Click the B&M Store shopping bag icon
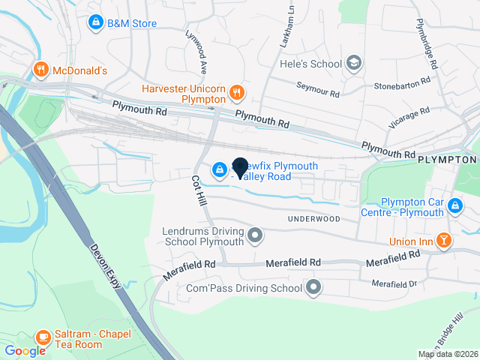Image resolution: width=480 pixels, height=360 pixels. tap(95, 23)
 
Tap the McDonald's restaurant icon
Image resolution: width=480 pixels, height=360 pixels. tap(40, 70)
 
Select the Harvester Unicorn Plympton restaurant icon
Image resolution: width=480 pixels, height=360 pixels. tap(237, 92)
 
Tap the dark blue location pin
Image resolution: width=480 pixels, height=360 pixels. tap(241, 167)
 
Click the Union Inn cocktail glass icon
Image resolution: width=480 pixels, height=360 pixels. tap(444, 241)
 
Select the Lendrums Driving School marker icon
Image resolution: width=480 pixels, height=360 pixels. tap(255, 236)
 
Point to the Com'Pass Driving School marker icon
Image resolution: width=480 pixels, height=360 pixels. tap(313, 287)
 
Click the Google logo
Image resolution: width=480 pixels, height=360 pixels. tap(25, 350)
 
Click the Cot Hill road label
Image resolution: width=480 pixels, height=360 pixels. tap(198, 191)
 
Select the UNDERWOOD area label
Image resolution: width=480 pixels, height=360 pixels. tap(313, 219)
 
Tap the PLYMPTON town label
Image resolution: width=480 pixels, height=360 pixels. tap(448, 160)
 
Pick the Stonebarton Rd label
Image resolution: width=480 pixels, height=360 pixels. tap(404, 81)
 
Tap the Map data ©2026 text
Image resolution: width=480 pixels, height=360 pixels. tap(447, 354)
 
